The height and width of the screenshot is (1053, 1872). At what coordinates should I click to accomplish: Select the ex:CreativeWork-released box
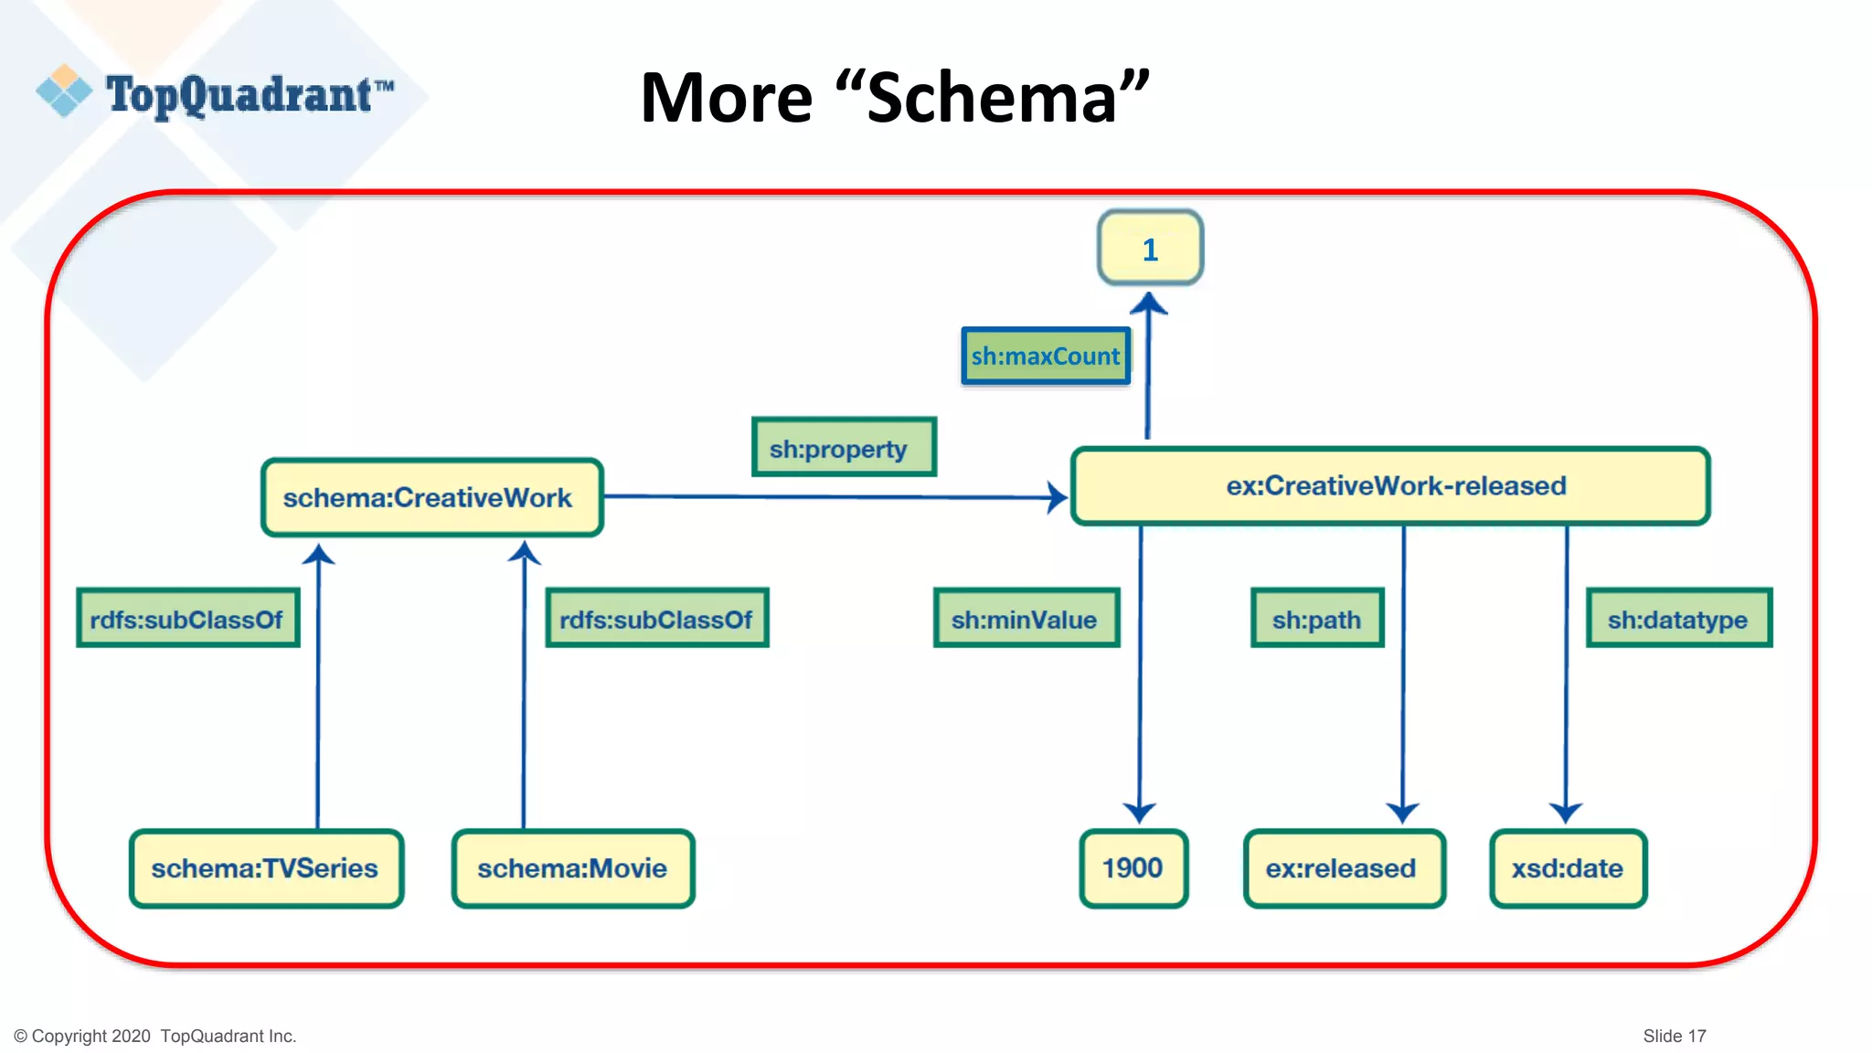1389,486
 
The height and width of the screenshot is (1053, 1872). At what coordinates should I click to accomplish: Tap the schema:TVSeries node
266,868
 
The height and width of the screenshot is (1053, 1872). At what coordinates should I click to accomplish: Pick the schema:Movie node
573,868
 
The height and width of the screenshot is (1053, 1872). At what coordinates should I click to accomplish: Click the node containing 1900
1133,868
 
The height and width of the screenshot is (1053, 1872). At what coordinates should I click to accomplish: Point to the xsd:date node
1568,868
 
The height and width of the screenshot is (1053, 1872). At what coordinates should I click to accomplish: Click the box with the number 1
1150,249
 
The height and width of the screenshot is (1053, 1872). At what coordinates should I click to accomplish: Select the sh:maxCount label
1046,356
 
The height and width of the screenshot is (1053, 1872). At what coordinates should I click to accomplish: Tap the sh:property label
843,448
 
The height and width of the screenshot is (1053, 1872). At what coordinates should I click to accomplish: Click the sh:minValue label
1026,619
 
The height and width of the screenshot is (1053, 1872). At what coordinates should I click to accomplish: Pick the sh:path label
1316,619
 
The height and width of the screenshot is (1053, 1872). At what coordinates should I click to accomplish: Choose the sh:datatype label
1678,619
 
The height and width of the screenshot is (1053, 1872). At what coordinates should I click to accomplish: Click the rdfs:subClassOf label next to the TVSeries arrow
188,619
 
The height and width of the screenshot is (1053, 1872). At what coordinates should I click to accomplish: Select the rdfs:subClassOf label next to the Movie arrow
656,619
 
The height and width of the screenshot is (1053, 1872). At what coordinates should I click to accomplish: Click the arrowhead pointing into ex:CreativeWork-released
1058,497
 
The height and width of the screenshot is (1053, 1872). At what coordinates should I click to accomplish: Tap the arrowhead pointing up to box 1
1149,304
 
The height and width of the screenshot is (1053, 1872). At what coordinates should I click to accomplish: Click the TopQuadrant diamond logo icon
64,90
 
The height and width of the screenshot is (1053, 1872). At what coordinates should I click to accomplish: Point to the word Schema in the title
992,98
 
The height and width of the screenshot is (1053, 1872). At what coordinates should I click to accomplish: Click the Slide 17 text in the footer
1674,1036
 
